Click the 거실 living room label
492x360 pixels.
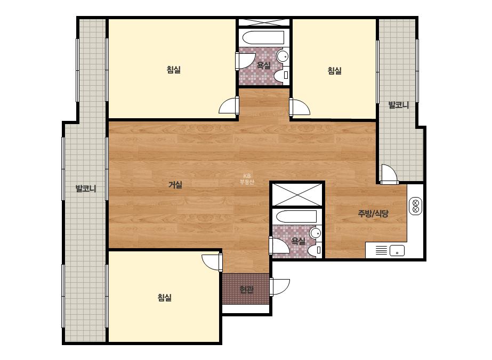pos(175,185)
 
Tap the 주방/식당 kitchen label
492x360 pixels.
pos(373,214)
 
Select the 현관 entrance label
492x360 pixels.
pos(246,290)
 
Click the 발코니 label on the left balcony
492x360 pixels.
pos(86,189)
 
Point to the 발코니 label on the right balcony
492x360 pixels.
pos(399,105)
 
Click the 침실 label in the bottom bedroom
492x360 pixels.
pos(165,297)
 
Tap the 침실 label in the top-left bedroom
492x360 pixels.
pos(174,69)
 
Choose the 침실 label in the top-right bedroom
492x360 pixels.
pos(334,70)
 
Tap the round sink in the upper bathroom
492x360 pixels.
pos(283,56)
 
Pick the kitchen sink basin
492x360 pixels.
pos(397,251)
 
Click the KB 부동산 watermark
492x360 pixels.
pos(247,179)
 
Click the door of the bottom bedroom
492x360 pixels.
pos(212,263)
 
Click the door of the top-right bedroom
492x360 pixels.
pos(300,107)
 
